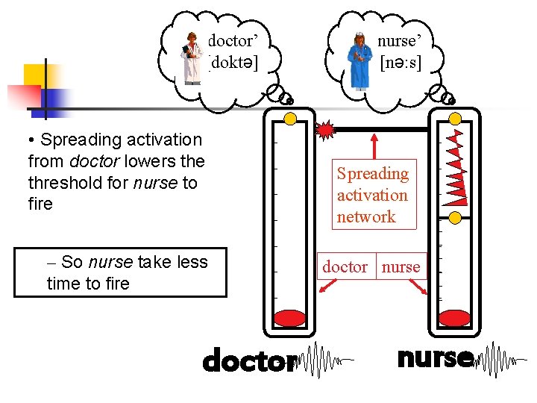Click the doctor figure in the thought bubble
tap(193, 59)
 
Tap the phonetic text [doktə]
tap(234, 63)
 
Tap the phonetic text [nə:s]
tap(401, 63)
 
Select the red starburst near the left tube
tap(326, 130)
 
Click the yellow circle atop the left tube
tap(290, 119)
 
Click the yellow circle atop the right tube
tap(454, 119)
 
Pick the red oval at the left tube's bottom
tap(290, 319)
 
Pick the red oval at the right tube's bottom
tap(454, 319)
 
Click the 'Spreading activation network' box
tap(372, 195)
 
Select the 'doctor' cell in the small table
tap(345, 266)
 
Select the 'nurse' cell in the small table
tap(401, 266)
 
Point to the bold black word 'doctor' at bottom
tap(248, 362)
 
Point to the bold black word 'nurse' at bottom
tap(435, 358)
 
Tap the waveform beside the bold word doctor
tap(323, 361)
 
